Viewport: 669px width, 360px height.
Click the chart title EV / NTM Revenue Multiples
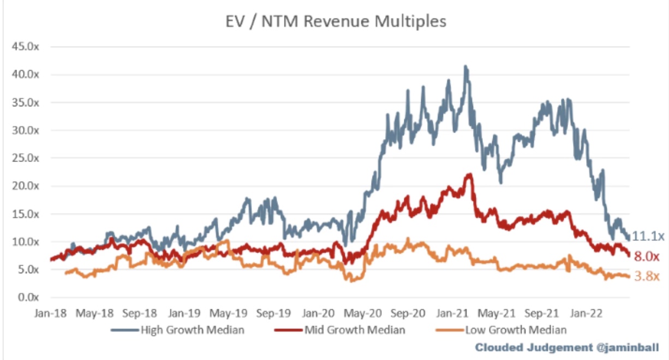336,21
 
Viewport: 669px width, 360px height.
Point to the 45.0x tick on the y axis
25,47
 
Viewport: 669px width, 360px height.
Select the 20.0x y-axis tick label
25,186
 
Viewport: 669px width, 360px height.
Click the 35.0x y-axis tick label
25,103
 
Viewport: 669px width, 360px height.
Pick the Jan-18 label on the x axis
50,314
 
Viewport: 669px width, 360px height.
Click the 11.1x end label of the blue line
648,236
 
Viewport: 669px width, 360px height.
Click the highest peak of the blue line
465,67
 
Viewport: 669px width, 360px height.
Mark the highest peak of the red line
470,174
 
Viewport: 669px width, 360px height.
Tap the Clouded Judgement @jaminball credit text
567,347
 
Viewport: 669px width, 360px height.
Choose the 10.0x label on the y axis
25,242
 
